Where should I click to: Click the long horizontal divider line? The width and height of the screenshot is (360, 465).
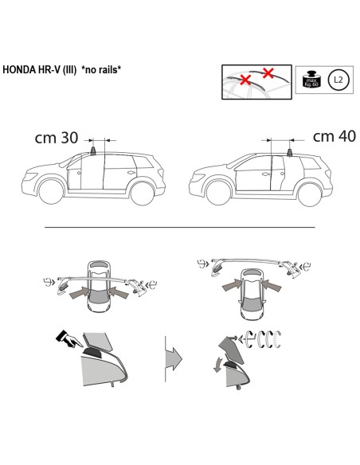point(179,227)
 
